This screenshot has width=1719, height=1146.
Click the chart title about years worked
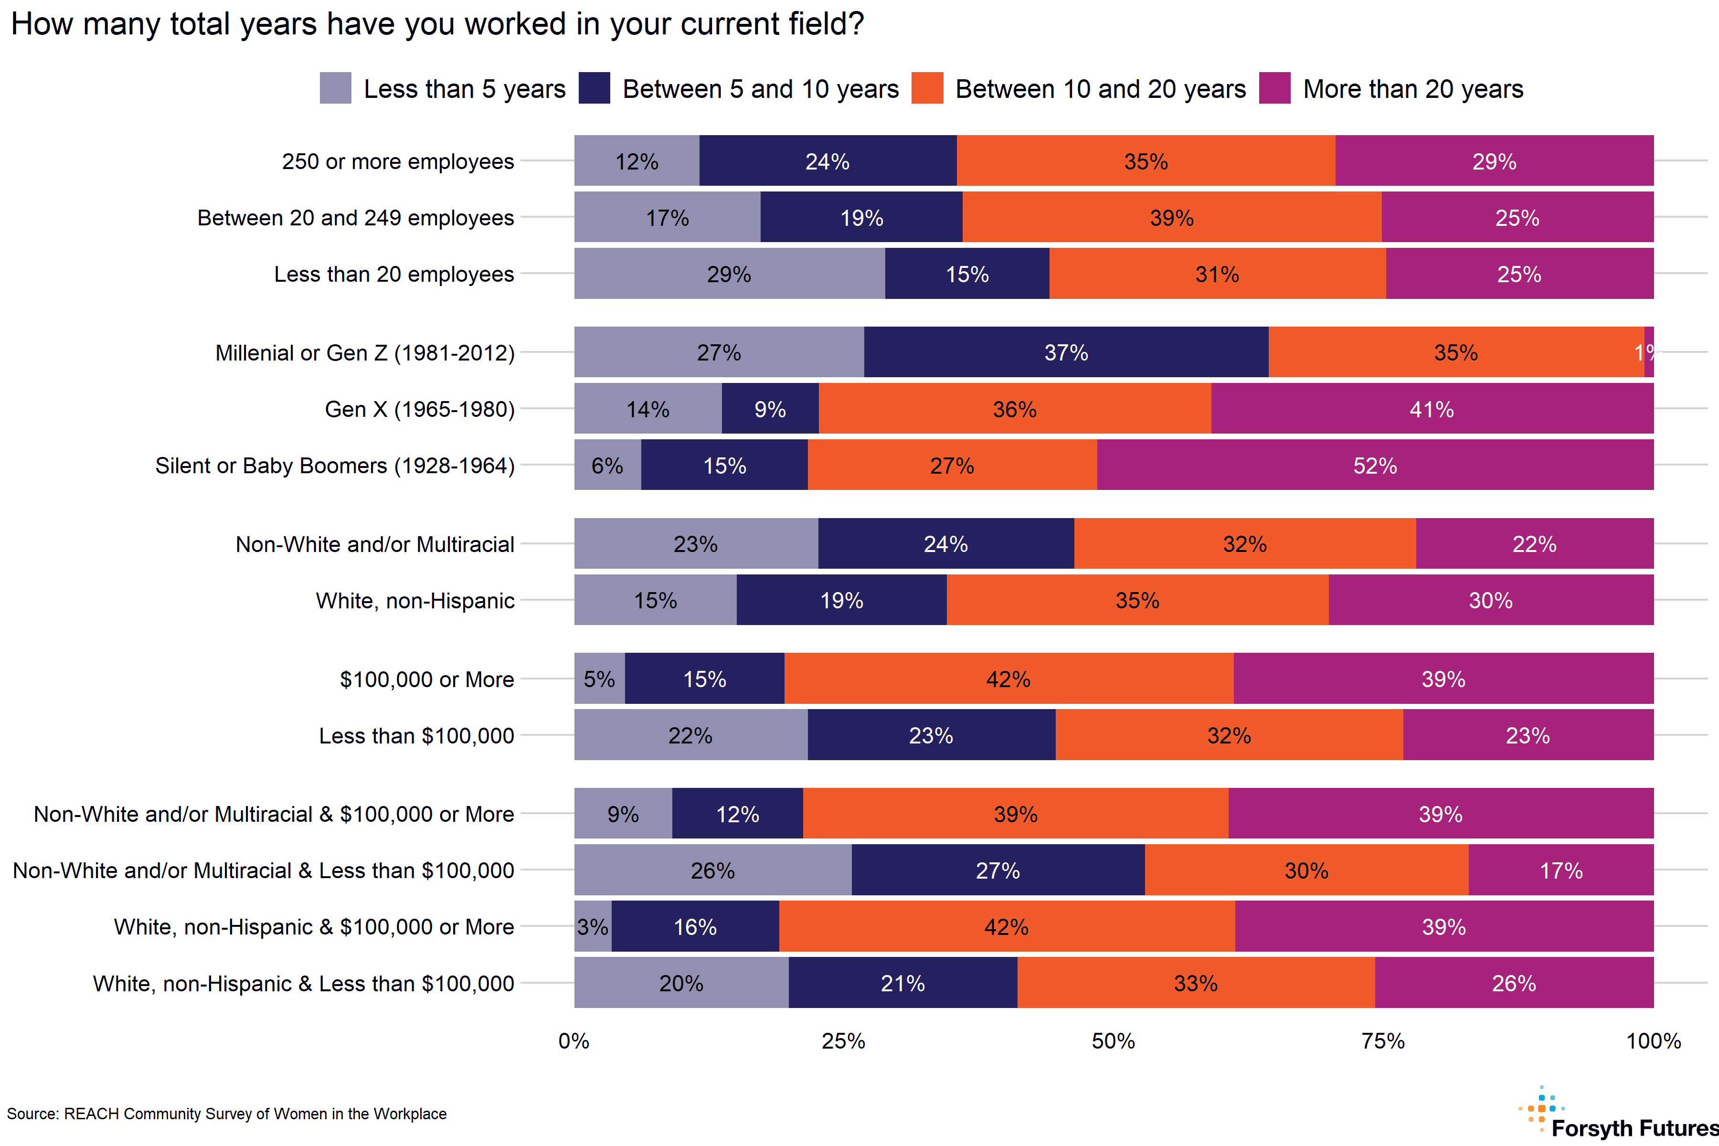click(437, 24)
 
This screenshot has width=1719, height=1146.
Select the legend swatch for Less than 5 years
click(336, 88)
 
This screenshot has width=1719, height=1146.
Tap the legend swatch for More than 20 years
click(1274, 88)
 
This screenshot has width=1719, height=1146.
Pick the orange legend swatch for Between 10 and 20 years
click(927, 88)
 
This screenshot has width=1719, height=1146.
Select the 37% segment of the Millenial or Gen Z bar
click(1066, 352)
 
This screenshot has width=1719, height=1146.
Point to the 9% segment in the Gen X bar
click(770, 409)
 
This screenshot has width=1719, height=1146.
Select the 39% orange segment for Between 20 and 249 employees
click(1172, 217)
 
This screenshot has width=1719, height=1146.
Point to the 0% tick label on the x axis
click(574, 1041)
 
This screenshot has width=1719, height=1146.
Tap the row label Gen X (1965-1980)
click(420, 409)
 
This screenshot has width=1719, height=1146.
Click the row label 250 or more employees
click(398, 161)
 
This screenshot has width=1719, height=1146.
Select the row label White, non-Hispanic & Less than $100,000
click(303, 983)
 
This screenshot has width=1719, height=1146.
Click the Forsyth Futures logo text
click(1634, 1128)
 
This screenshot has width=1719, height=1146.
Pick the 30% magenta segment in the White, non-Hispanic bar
click(1490, 600)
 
